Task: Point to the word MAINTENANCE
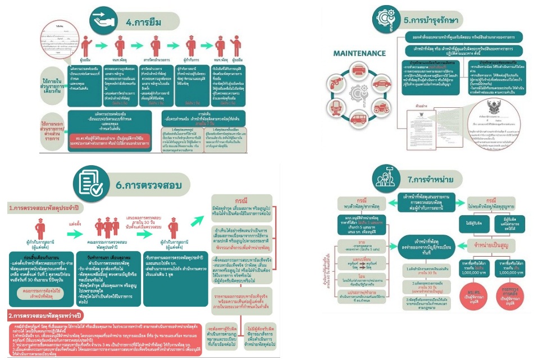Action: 359,54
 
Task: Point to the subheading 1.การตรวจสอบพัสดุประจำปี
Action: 42,208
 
